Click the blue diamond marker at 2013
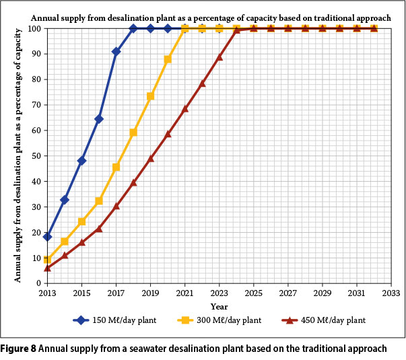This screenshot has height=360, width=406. pos(47,237)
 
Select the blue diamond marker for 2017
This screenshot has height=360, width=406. pos(116,51)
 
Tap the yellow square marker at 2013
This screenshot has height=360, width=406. pos(47,260)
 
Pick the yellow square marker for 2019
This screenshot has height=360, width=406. pos(151,96)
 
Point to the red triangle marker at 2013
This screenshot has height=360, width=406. pos(47,268)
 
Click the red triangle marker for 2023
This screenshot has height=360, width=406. pos(219,57)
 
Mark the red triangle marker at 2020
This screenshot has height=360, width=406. pos(168,134)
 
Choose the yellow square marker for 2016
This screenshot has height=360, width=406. pos(99,201)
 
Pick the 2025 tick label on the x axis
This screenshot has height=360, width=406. pos(254,294)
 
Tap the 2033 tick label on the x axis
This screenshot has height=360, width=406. pos(391,294)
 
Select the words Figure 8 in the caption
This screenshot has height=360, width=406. pos(20,349)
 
